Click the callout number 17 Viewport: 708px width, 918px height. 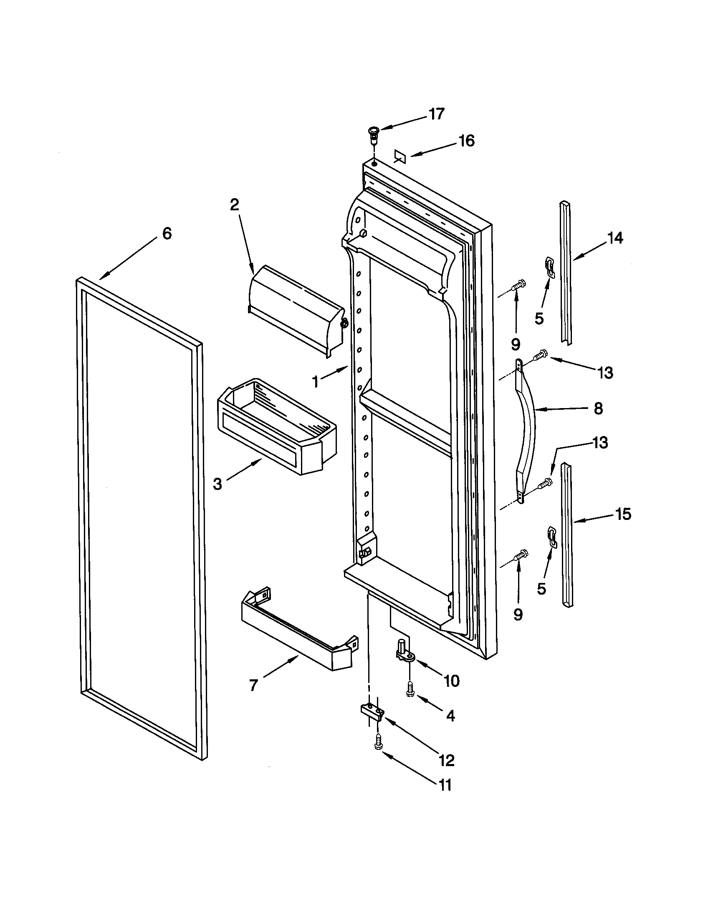(x=437, y=114)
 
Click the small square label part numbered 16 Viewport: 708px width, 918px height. (x=400, y=157)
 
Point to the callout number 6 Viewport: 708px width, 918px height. (x=167, y=233)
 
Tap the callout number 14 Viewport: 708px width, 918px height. (x=614, y=238)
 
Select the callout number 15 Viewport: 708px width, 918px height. (x=623, y=514)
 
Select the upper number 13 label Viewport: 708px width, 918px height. (x=605, y=372)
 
